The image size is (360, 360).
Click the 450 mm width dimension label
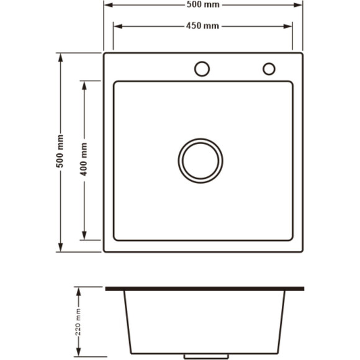(202, 25)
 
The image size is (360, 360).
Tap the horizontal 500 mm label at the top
(203, 4)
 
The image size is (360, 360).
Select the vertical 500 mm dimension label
(60, 151)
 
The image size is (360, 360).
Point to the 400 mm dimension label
(84, 160)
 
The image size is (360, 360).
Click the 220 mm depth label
(78, 322)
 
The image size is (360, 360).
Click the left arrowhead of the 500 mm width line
(109, 5)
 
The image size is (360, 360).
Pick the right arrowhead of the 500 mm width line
(298, 5)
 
